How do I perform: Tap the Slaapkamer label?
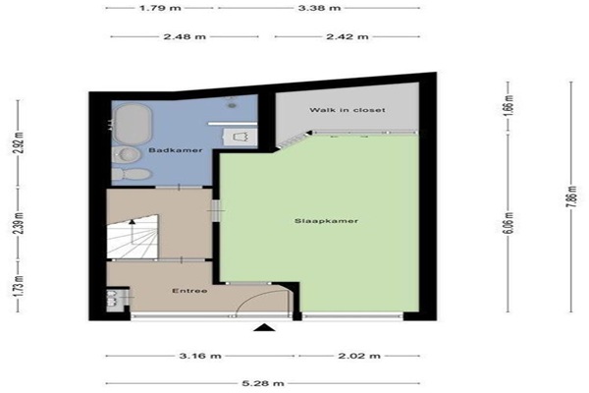pos(326,221)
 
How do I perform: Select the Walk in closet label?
pos(348,110)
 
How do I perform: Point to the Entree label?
pos(189,291)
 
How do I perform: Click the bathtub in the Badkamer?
pos(133,125)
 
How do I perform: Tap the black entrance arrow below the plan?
pos(264,327)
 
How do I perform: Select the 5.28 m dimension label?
pos(262,383)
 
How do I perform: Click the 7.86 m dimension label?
pos(571,196)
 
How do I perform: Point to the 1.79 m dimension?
pos(160,8)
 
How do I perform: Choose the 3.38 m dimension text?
pos(320,8)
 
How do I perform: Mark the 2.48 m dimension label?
pos(185,37)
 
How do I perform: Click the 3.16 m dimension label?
pos(200,356)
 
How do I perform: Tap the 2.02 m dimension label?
pos(359,356)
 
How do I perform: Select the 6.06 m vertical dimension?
pos(508,223)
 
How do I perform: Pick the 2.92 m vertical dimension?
pos(19,142)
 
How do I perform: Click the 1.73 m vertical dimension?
pos(19,286)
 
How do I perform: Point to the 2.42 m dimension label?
pos(348,37)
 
